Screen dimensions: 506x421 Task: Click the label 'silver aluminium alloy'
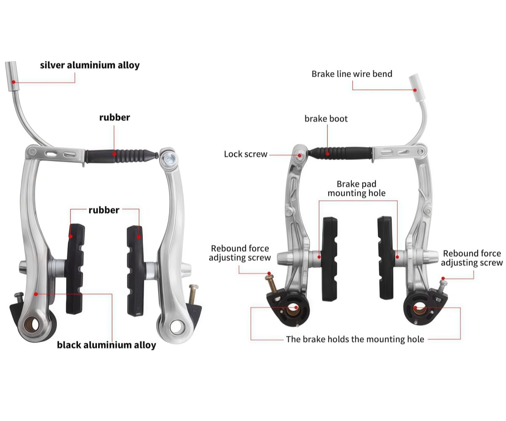click(x=90, y=65)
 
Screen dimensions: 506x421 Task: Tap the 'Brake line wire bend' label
click(x=352, y=74)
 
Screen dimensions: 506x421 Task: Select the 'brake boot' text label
click(x=326, y=119)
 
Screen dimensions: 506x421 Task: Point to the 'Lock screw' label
click(x=246, y=154)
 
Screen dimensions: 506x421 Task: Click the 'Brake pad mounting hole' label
click(x=356, y=189)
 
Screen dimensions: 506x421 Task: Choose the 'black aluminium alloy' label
click(x=107, y=345)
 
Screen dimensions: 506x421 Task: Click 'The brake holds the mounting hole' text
click(x=355, y=339)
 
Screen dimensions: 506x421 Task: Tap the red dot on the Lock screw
click(x=300, y=155)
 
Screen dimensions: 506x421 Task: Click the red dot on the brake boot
click(x=328, y=153)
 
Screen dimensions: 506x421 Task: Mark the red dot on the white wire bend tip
click(x=415, y=90)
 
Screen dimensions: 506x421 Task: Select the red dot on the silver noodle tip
click(x=13, y=82)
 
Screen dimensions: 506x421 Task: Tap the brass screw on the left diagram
click(x=193, y=294)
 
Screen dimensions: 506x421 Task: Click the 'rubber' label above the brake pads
click(x=104, y=210)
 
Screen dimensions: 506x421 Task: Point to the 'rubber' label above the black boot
click(x=115, y=117)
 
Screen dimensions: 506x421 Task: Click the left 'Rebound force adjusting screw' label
click(x=240, y=253)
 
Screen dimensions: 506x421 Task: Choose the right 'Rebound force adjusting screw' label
click(x=472, y=258)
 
